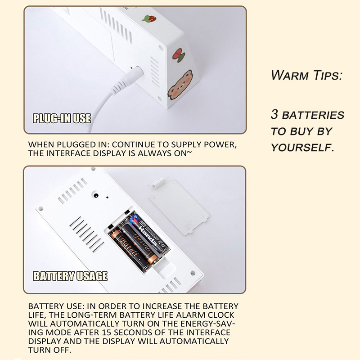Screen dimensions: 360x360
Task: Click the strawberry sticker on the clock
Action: point(149,18)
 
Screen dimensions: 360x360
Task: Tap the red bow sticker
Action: point(179,55)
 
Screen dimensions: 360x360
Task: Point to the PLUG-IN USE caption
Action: point(62,118)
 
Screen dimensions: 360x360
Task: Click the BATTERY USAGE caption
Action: point(70,276)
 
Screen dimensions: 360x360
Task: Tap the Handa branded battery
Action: point(148,233)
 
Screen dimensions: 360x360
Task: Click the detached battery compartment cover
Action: point(178,206)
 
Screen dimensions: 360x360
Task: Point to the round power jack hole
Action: point(96,196)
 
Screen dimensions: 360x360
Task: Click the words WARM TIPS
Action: point(306,75)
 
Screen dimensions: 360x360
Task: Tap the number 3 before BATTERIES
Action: point(274,114)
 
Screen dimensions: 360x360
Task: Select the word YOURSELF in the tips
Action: point(302,148)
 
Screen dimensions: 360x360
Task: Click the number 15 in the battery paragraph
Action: point(107,333)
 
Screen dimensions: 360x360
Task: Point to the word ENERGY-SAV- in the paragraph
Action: point(207,324)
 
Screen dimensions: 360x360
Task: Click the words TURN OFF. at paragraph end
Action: point(49,350)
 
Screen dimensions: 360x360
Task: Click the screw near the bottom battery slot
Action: point(193,273)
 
